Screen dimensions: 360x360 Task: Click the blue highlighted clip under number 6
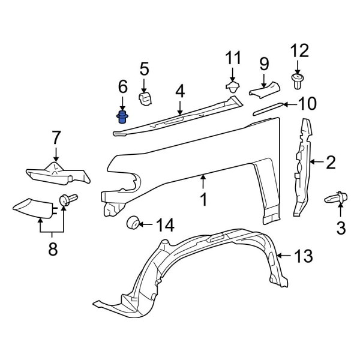coord(122,116)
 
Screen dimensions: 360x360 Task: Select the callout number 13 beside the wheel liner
coord(304,257)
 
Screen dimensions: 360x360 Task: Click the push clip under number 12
coord(296,79)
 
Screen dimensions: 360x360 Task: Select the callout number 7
coord(56,138)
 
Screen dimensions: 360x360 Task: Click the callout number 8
coord(52,249)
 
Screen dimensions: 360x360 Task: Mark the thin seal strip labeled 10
coord(266,109)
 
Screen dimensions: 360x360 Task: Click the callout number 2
coord(331,160)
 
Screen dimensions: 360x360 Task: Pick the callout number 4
coord(180,92)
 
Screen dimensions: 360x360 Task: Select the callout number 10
coord(306,104)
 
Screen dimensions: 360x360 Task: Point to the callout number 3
coord(341,228)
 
